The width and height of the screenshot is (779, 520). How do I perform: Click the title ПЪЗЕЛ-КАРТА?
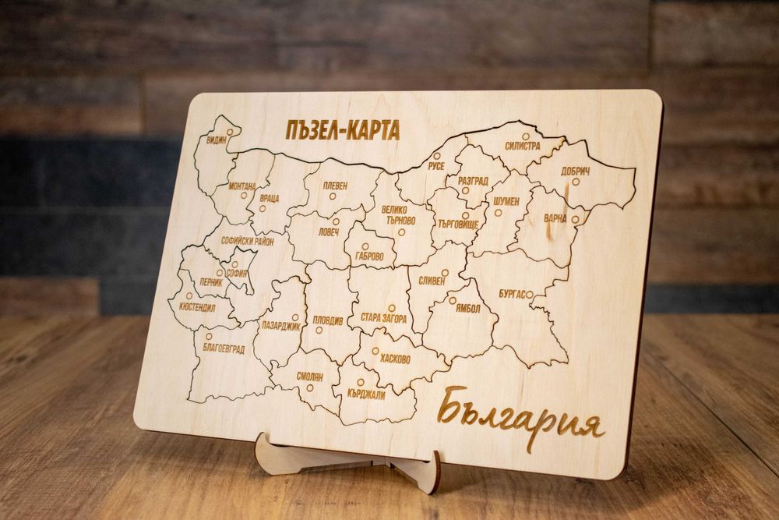pyautogui.click(x=343, y=130)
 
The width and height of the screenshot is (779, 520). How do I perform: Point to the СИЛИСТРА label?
pyautogui.click(x=522, y=146)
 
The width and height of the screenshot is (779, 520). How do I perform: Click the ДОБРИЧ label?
pyautogui.click(x=575, y=171)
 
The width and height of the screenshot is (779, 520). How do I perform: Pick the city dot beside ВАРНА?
pyautogui.click(x=576, y=220)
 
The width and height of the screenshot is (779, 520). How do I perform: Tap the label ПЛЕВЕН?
pyautogui.click(x=333, y=185)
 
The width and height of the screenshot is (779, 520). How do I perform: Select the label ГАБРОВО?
pyautogui.click(x=369, y=256)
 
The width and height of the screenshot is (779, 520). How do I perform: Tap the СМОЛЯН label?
pyautogui.click(x=309, y=375)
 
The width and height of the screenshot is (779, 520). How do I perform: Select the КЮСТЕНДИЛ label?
pyautogui.click(x=198, y=307)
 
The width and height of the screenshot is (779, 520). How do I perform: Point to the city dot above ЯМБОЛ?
pyautogui.click(x=452, y=299)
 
